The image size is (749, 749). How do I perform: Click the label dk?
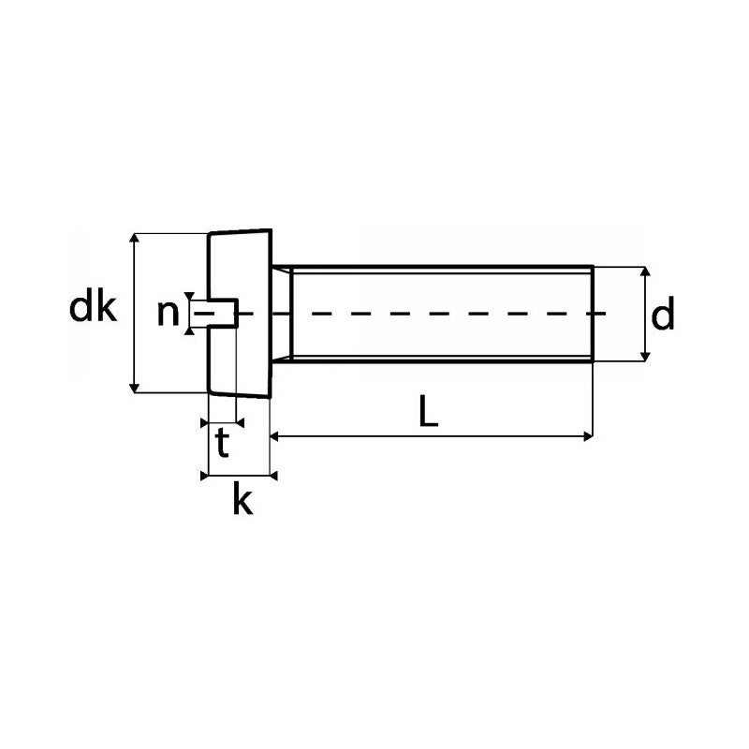93,308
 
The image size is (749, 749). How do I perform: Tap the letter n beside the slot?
167,313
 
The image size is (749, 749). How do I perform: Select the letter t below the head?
222,444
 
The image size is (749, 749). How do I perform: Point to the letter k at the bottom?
242,501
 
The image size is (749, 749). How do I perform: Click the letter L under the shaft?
428,412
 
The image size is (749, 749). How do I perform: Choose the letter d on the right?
663,316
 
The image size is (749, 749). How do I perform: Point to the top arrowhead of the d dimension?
645,272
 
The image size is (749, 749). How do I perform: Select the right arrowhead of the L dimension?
587,435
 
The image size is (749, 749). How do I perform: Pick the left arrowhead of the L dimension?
275,435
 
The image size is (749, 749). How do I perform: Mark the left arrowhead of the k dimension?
207,476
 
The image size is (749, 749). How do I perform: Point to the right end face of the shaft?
592,313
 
